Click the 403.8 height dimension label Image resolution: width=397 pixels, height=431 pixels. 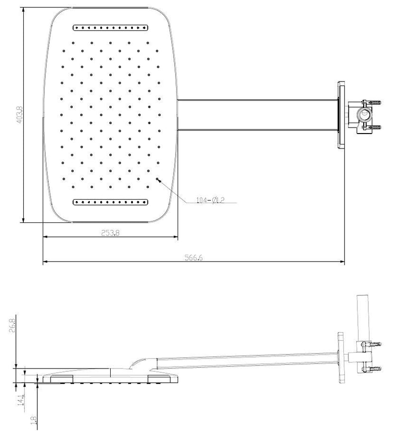[x=20, y=115]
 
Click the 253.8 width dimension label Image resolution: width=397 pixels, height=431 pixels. [x=111, y=233]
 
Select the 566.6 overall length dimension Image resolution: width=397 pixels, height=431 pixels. [x=194, y=258]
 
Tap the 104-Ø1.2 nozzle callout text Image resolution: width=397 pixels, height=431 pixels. [x=210, y=200]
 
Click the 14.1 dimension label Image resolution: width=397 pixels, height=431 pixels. [x=21, y=400]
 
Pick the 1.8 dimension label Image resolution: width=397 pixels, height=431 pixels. [x=34, y=420]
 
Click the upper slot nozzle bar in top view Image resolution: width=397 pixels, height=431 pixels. [x=111, y=28]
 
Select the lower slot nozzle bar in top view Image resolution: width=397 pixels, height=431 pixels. [x=111, y=202]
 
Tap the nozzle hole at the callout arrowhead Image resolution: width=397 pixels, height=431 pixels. [x=157, y=179]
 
